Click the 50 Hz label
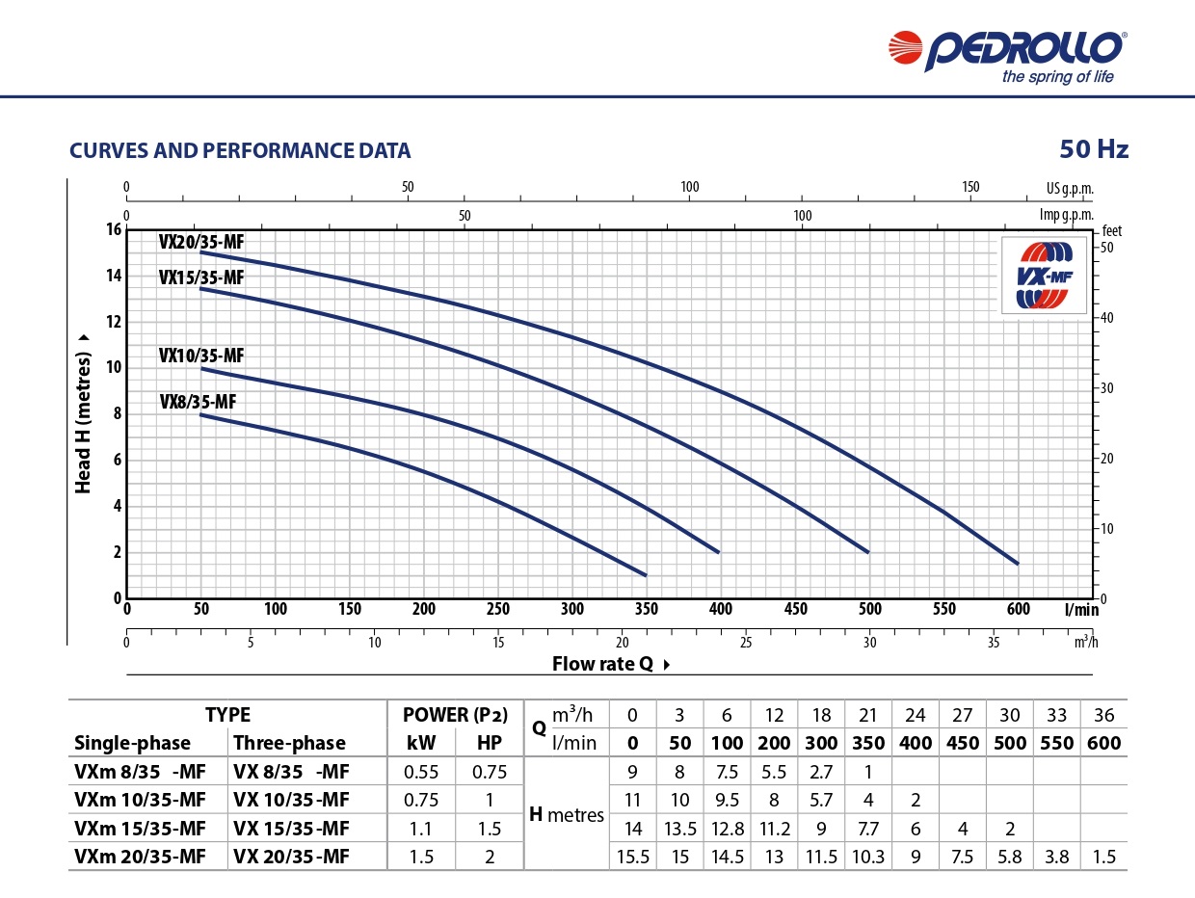[1093, 149]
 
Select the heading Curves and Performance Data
[240, 151]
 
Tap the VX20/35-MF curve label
[201, 242]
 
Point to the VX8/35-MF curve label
[198, 403]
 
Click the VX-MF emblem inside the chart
[1045, 276]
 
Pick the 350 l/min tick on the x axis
[646, 609]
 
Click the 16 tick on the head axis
[115, 229]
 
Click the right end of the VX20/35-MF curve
[1017, 563]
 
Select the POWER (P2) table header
[454, 715]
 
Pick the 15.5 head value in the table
[632, 857]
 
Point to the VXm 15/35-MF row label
[140, 829]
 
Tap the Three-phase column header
[289, 743]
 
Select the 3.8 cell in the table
[1056, 857]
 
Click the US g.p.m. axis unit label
[1070, 188]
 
